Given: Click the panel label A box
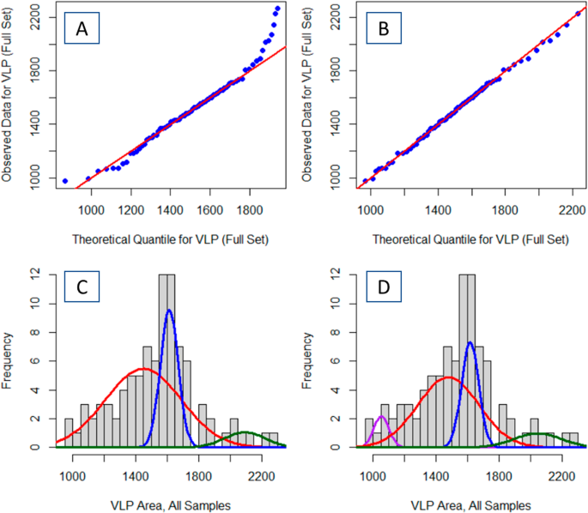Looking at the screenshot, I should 82,30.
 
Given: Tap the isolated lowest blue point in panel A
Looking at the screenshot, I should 65,180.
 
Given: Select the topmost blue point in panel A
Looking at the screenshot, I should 277,9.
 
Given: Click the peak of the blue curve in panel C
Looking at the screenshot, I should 169,310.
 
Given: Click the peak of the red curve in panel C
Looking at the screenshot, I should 144,369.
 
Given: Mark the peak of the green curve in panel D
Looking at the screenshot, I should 539,434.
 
